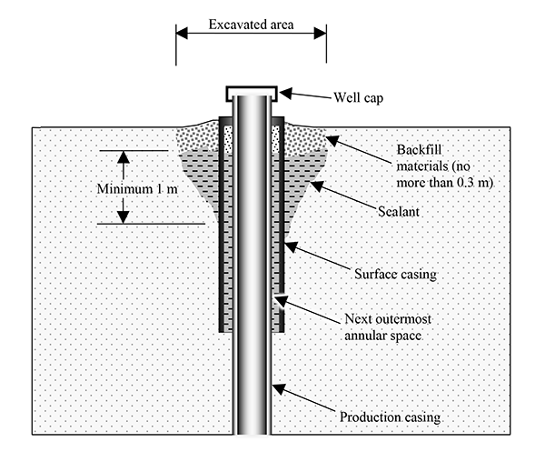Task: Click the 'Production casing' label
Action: click(390, 417)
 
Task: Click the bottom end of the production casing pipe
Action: click(252, 433)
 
